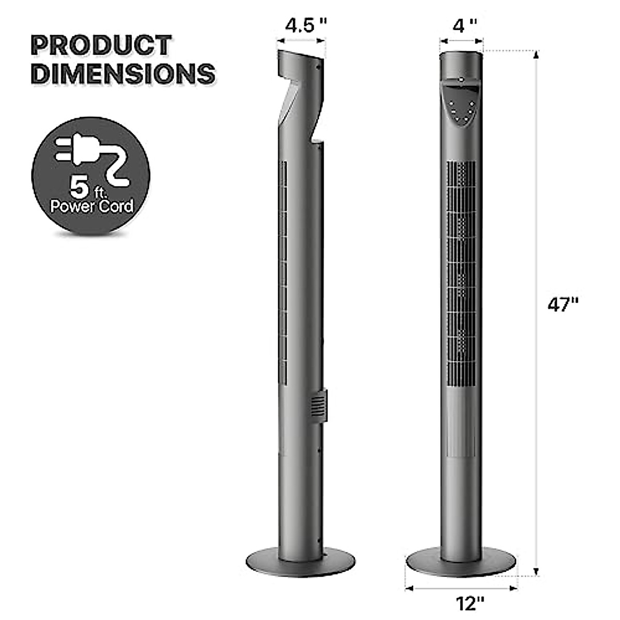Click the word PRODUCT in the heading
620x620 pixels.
(x=101, y=45)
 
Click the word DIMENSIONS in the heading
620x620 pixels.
(x=123, y=74)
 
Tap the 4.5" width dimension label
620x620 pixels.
(x=307, y=25)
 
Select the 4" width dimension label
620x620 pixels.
(x=461, y=25)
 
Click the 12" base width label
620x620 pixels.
(x=470, y=602)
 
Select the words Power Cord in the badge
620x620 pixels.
(x=91, y=206)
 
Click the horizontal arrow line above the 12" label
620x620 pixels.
(x=461, y=587)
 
